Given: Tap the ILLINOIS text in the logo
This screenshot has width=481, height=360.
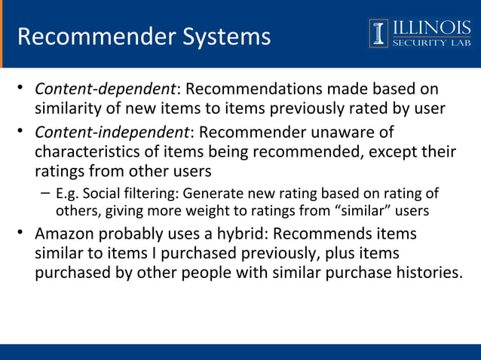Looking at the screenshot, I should [x=430, y=27].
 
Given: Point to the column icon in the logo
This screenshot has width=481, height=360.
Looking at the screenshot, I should [x=378, y=32].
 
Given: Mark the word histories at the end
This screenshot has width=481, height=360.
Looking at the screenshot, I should [x=426, y=273].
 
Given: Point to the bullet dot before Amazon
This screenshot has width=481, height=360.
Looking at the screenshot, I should [x=22, y=233].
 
